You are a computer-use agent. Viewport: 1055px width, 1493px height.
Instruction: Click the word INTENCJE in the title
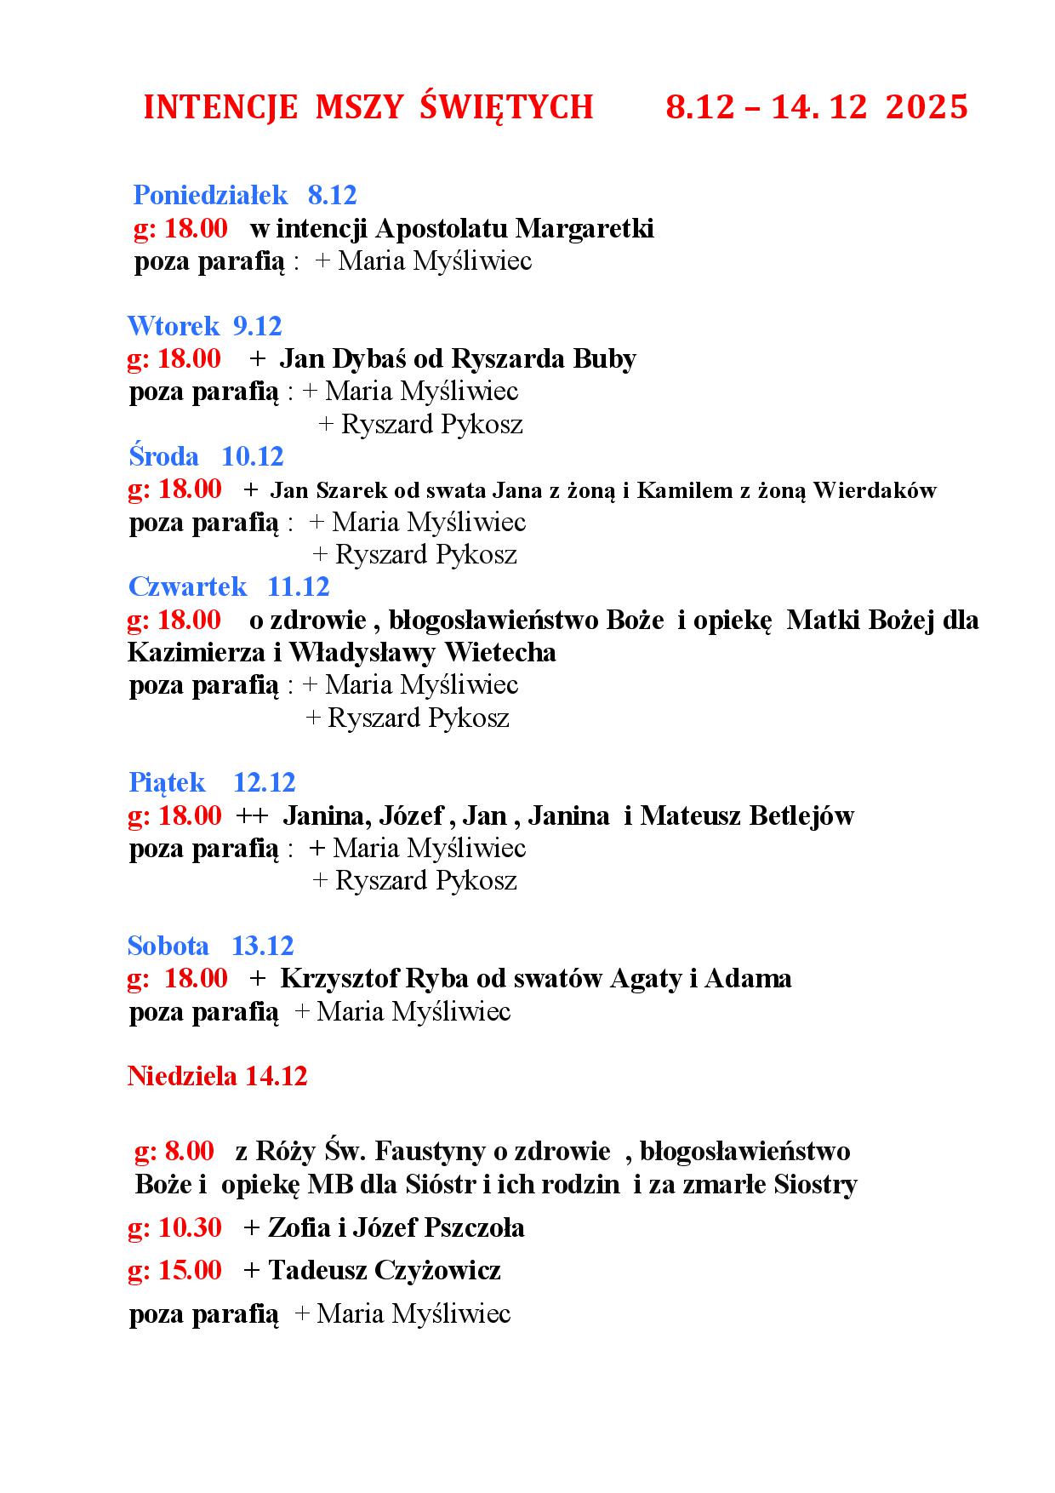tap(220, 107)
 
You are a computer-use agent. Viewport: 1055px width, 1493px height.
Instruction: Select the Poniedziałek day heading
tap(211, 195)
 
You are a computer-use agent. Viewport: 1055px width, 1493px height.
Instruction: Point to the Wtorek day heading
tap(174, 326)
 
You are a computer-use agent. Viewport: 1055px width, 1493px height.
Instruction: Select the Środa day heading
tap(163, 456)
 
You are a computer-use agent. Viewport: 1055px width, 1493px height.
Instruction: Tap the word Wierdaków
tap(874, 490)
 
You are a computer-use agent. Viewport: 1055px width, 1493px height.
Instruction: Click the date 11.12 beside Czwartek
tap(298, 586)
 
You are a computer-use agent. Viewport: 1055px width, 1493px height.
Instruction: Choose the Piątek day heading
tap(167, 782)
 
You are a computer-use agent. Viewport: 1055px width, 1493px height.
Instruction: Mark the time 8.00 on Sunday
tap(189, 1151)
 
